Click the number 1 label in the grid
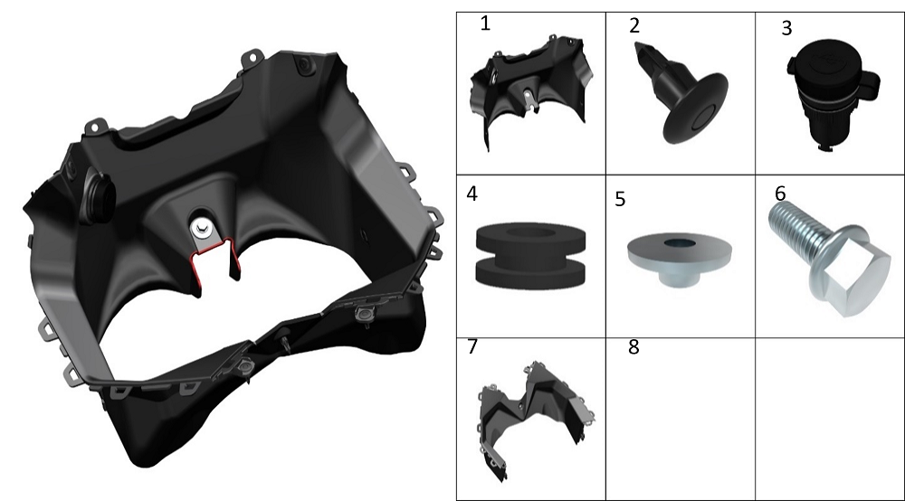point(485,24)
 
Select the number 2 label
point(634,25)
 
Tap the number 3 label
point(786,28)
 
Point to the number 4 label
point(472,194)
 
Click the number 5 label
point(620,199)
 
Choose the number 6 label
point(780,194)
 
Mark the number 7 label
point(472,346)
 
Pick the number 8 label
point(633,347)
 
